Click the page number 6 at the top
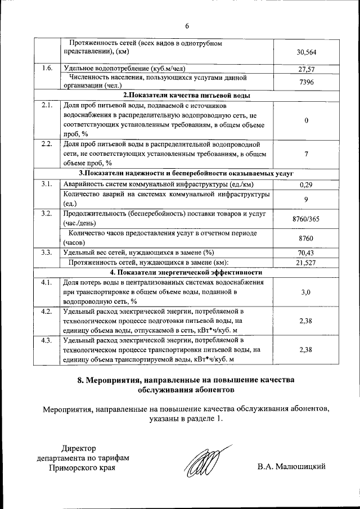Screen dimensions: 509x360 point(187,25)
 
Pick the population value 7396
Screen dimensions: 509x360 point(306,82)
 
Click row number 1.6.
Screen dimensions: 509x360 point(47,69)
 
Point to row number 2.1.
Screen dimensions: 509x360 point(47,105)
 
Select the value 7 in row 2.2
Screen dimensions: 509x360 point(306,154)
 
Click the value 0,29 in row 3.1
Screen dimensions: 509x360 point(306,184)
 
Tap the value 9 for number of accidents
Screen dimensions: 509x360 point(306,199)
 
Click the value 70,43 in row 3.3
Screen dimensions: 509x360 point(306,253)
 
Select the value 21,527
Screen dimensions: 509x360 point(306,263)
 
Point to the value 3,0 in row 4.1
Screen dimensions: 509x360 point(306,292)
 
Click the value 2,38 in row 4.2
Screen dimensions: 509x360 point(306,321)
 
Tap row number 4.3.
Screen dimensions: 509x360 point(47,340)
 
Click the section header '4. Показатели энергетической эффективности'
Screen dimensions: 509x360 point(187,272)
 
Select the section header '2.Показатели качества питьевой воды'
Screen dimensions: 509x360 point(187,95)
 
